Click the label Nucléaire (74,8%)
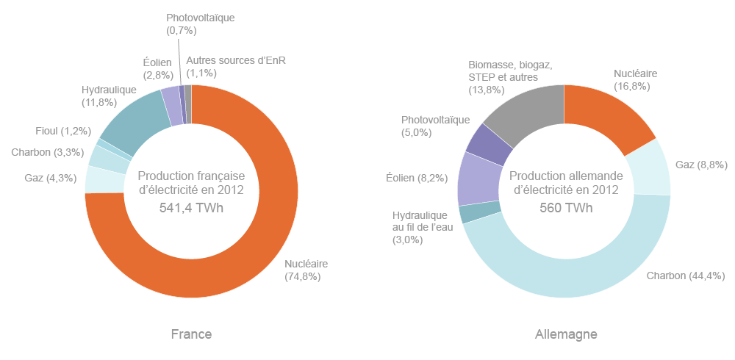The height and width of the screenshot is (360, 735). [x=306, y=270]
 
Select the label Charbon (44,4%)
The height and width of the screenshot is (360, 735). [x=686, y=276]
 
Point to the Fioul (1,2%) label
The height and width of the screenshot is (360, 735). [x=63, y=131]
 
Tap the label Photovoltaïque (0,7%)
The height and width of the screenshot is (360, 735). [x=200, y=24]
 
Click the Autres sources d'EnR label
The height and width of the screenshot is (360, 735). [x=235, y=67]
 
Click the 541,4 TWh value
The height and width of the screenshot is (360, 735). [x=191, y=208]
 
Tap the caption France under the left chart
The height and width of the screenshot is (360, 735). [x=191, y=334]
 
